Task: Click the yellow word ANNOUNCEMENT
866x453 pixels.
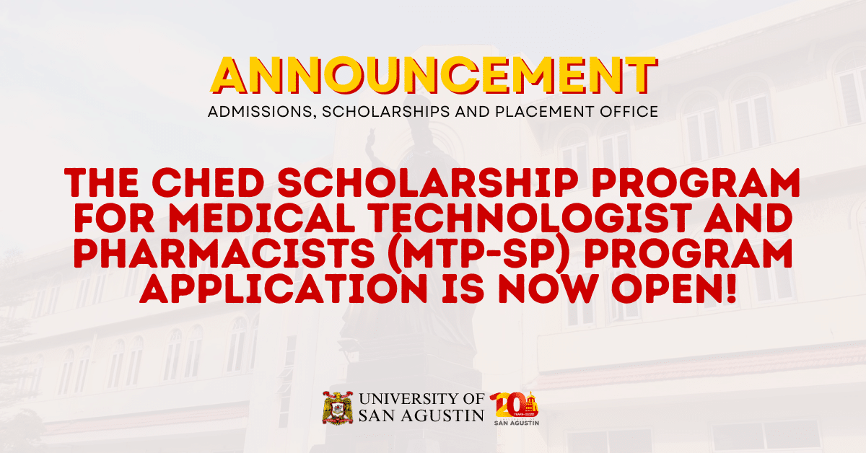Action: coord(433,76)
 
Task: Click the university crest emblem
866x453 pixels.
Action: coord(336,408)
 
